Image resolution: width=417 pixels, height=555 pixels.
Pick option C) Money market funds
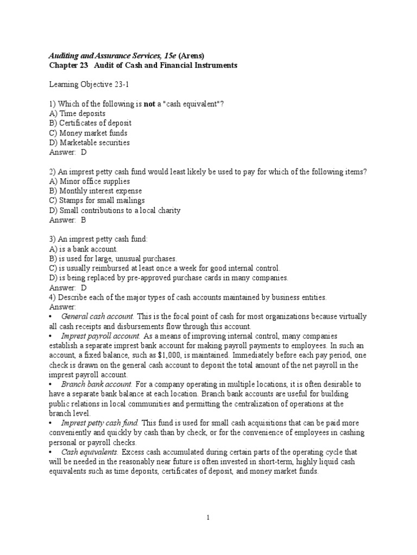pyautogui.click(x=88, y=133)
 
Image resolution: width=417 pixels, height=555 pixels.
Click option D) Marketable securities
pyautogui.click(x=90, y=143)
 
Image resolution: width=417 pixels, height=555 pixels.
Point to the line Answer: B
pyautogui.click(x=67, y=221)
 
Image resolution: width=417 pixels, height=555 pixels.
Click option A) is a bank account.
pyautogui.click(x=84, y=249)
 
